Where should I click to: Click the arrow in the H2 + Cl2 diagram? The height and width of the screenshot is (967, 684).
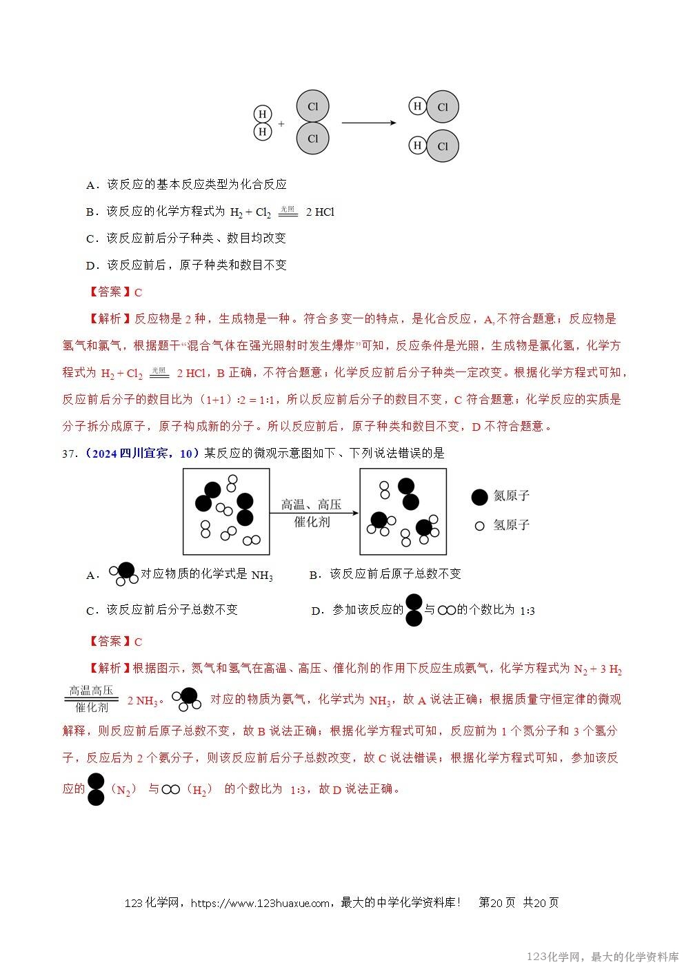[368, 123]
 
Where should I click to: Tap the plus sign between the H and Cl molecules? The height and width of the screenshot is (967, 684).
[281, 124]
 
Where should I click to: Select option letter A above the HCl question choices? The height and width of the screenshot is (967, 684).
[90, 185]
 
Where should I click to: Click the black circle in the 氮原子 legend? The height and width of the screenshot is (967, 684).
[479, 496]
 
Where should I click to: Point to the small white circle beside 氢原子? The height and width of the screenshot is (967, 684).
[480, 526]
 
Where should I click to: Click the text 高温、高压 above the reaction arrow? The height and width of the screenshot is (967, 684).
[311, 505]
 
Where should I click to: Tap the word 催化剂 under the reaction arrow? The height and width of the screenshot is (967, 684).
[312, 522]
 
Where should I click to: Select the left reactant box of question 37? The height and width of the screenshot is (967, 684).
[225, 511]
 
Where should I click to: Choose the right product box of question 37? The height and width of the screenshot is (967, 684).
[403, 511]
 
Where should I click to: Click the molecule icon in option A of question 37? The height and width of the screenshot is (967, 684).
[124, 573]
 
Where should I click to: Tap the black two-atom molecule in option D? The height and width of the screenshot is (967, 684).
[414, 610]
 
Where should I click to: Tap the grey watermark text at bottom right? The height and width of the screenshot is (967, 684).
[603, 957]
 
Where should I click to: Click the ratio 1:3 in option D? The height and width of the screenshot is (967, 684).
[527, 611]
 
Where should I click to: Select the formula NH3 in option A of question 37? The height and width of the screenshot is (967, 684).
[262, 575]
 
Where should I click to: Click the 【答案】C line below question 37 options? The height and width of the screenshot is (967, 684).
[116, 642]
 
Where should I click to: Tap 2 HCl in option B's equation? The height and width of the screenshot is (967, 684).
[320, 212]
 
